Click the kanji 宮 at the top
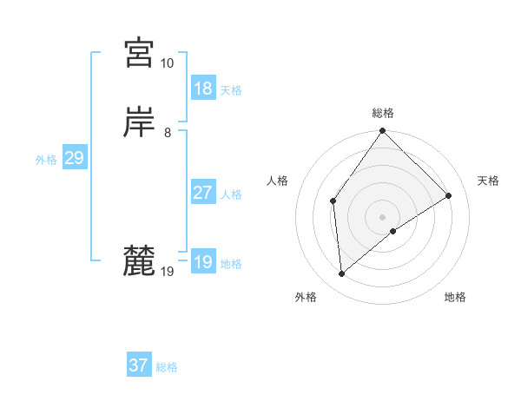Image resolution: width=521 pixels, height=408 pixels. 139,54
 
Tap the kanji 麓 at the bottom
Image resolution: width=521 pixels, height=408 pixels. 139,260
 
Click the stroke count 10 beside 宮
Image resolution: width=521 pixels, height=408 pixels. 167,63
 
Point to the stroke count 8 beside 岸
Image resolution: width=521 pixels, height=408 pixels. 167,133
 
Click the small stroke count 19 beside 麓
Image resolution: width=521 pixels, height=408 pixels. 167,272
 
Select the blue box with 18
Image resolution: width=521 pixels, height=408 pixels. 203,89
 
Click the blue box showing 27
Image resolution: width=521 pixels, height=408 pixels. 203,193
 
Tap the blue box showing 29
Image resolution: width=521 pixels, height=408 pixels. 74,158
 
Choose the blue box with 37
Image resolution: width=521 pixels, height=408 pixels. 139,365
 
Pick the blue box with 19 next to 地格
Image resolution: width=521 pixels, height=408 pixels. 203,262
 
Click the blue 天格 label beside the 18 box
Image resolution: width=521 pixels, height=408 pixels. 231,90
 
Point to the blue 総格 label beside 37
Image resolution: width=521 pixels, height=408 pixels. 167,367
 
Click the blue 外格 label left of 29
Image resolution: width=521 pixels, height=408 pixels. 46,160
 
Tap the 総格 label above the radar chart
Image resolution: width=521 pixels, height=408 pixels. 383,113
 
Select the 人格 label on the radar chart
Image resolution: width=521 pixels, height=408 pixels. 278,181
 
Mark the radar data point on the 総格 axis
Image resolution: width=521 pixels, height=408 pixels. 383,131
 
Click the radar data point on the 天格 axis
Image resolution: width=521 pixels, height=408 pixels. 449,195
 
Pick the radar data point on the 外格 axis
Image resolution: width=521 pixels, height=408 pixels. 342,274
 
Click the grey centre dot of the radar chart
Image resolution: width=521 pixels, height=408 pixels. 383,216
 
